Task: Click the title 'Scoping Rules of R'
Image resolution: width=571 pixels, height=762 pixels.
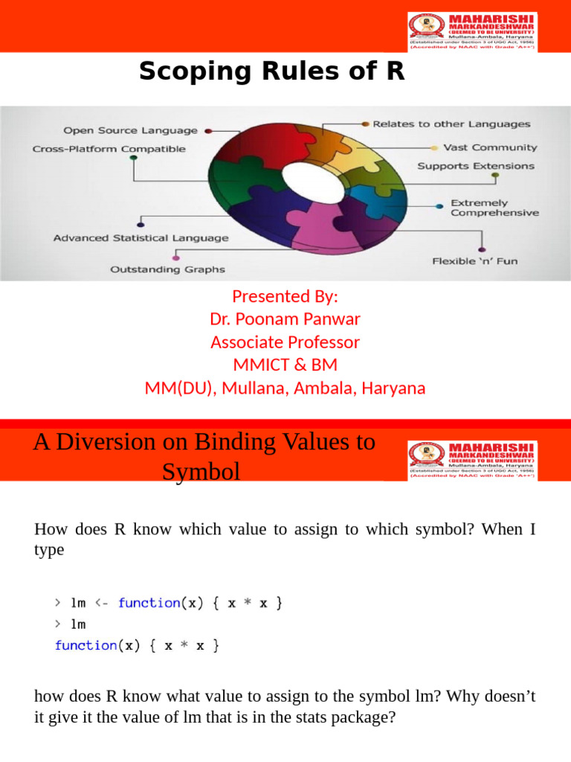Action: click(x=271, y=72)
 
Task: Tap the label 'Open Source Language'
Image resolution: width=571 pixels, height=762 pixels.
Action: click(x=130, y=130)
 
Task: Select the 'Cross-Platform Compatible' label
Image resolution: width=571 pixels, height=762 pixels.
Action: click(x=109, y=149)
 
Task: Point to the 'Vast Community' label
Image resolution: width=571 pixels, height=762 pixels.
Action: click(x=490, y=147)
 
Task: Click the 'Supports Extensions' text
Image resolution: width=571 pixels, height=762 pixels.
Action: click(x=476, y=166)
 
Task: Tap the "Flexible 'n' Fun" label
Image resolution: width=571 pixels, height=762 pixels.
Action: click(x=475, y=261)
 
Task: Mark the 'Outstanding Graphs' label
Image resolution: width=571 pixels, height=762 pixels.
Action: click(x=167, y=269)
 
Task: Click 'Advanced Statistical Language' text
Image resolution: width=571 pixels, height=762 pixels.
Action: click(x=141, y=238)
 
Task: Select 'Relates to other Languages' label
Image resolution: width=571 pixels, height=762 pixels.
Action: click(x=451, y=124)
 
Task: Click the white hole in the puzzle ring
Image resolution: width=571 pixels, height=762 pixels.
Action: click(x=312, y=178)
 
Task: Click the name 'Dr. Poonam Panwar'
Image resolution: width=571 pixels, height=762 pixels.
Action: click(x=285, y=319)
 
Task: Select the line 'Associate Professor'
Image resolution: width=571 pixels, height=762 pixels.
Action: click(x=285, y=342)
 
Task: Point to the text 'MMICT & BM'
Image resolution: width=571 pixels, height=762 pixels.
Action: click(x=285, y=365)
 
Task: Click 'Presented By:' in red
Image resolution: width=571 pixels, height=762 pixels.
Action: click(x=285, y=296)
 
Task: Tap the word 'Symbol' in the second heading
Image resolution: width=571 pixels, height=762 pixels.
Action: click(x=201, y=472)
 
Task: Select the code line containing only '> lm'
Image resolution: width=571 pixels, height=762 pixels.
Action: click(x=71, y=624)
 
